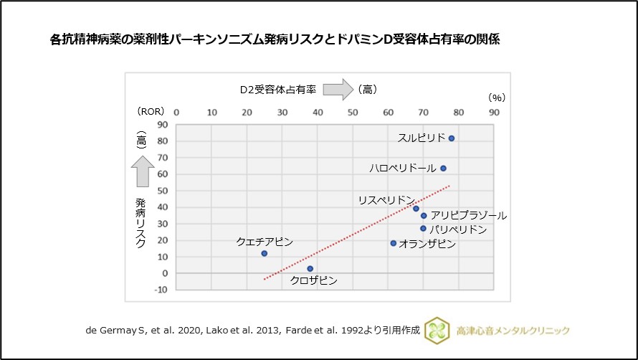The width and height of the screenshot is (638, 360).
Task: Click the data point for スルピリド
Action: click(452, 138)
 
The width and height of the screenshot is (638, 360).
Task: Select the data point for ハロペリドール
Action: click(443, 169)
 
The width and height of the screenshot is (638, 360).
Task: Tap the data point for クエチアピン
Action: click(265, 253)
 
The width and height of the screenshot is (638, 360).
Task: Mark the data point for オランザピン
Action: click(393, 243)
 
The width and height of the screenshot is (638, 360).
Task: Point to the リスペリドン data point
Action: click(416, 209)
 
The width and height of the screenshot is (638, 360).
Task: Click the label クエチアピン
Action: click(265, 242)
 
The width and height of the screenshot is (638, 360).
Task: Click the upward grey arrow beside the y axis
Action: click(141, 171)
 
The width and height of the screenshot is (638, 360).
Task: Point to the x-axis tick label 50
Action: click(353, 112)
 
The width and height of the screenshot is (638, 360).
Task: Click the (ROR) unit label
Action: click(151, 112)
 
